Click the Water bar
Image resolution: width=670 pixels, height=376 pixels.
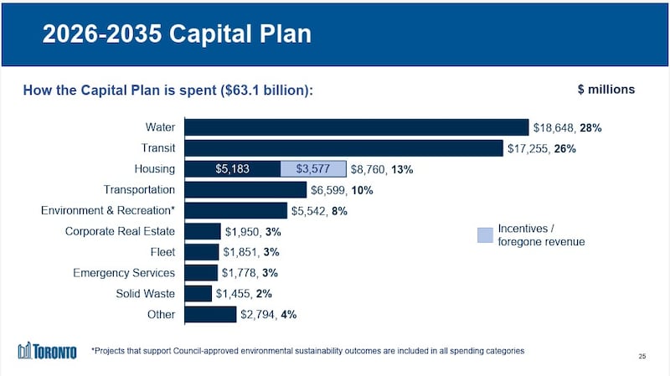coord(357,127)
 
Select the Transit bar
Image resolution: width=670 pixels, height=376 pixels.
coord(343,148)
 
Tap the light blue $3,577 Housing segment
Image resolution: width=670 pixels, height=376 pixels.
coord(313,169)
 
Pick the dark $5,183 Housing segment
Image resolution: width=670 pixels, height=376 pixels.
coord(232,169)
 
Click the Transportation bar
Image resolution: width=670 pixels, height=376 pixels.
coord(234,190)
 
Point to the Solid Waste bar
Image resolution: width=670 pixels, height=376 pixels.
coord(198,294)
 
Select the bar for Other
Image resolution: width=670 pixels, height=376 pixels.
coord(210,315)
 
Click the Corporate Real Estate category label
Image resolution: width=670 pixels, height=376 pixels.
coord(120,231)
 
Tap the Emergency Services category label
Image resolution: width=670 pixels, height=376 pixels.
coord(124,273)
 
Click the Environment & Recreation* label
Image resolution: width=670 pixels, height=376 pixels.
coord(107,211)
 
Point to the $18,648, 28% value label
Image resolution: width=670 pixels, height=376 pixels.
coord(568,128)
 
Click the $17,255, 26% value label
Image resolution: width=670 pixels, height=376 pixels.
coord(541,149)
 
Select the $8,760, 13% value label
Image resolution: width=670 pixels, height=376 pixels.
coord(382,169)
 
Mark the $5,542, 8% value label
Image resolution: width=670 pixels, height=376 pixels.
coord(319,211)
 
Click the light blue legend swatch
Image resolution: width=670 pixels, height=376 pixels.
coord(485,235)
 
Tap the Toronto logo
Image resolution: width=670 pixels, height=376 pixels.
coord(47,350)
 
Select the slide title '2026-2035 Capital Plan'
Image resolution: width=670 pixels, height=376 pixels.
coord(177,34)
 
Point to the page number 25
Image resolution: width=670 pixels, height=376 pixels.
coord(642,358)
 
